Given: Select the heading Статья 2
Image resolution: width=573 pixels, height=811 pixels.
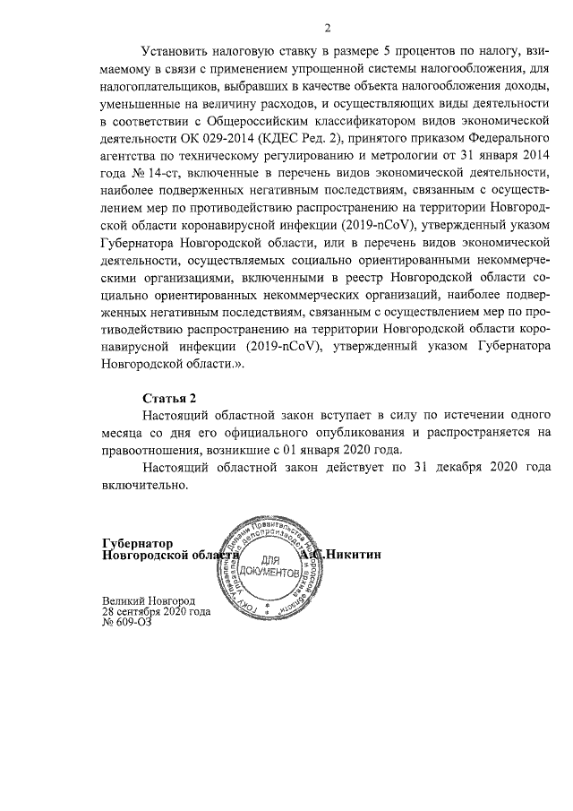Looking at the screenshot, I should tap(169, 397).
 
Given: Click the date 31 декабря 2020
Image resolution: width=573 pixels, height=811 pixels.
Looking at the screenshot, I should tap(453, 468).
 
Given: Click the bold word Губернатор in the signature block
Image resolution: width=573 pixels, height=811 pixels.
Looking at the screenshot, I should tap(136, 543).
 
